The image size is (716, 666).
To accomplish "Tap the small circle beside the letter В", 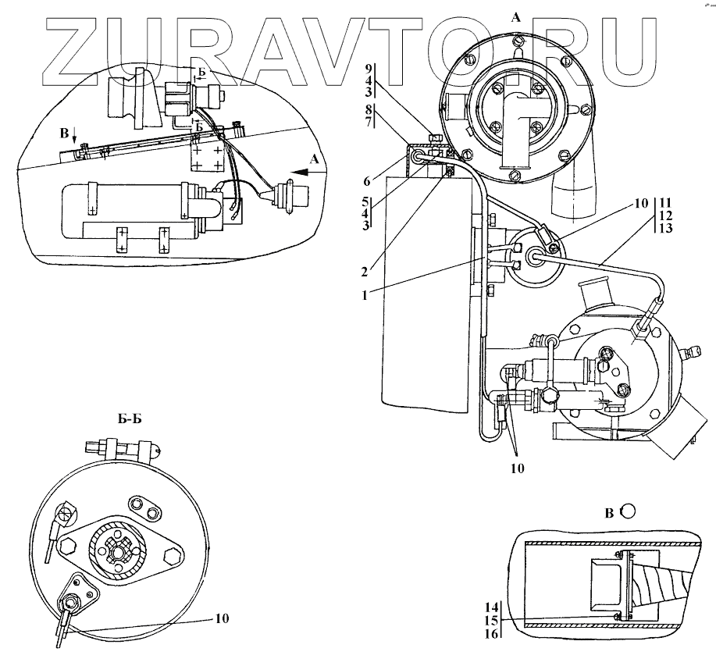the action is pyautogui.click(x=629, y=511).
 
